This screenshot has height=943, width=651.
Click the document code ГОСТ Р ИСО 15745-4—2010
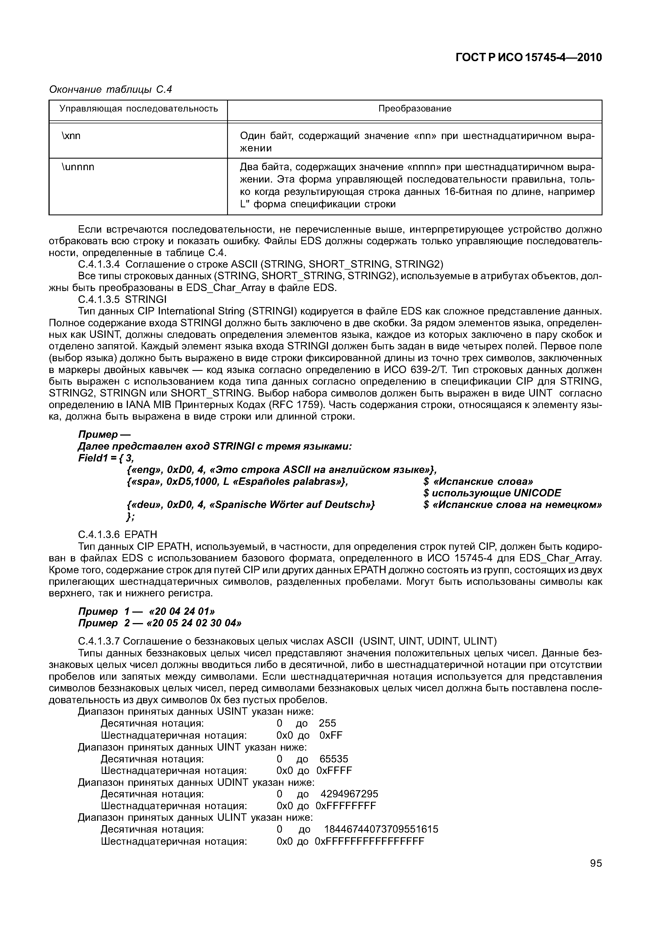pos(528,58)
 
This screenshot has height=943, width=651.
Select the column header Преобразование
pos(415,109)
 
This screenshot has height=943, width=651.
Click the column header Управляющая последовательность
pos(139,109)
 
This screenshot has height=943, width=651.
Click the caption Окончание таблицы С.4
pos(111,89)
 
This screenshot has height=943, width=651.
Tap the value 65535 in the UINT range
pos(334,759)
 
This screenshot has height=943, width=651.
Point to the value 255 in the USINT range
pos(327,723)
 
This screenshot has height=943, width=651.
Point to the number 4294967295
pos(349,794)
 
